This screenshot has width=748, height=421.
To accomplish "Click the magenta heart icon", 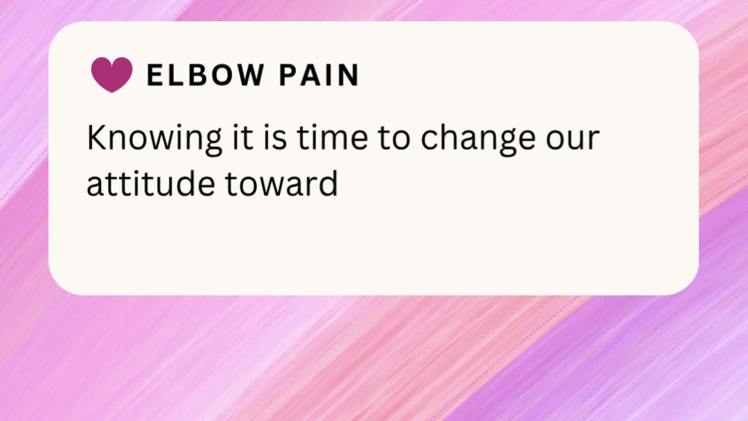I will coord(112,75).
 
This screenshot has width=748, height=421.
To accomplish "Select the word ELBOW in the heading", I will coord(205,75).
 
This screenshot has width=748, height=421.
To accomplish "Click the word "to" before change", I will coord(394,139).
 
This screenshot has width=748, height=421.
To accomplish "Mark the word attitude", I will coord(151,183).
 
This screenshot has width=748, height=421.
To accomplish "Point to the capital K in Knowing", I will coord(96,138).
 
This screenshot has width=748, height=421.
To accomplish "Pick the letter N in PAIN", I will coord(349,75).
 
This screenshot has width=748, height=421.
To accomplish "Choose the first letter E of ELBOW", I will coord(154,75).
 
